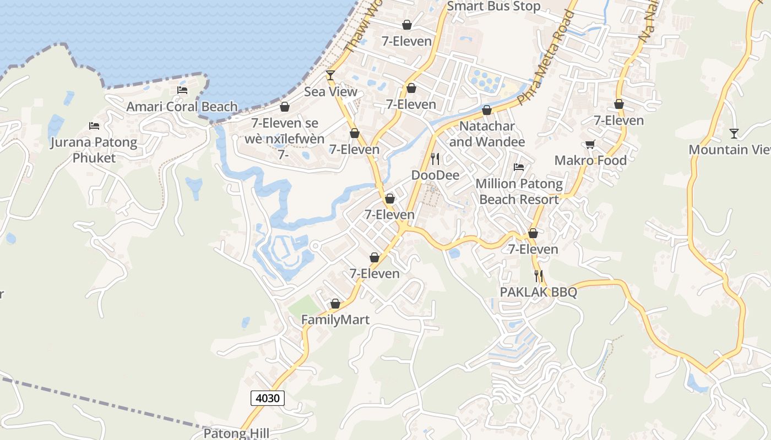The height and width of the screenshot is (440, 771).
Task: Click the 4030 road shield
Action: [x=268, y=398]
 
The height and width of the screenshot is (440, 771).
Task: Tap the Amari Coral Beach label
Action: [x=182, y=107]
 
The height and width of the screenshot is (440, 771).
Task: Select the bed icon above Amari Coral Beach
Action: [x=182, y=90]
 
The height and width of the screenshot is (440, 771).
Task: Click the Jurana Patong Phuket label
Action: [x=94, y=150]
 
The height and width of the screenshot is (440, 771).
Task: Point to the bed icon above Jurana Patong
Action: [x=94, y=126]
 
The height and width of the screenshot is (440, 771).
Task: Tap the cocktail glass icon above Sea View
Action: [x=330, y=75]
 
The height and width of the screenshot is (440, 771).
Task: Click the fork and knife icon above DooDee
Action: [x=435, y=159]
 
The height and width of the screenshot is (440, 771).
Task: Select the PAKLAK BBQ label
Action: [x=539, y=292]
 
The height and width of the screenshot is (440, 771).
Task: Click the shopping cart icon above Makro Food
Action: [x=590, y=144]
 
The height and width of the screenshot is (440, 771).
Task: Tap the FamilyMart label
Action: [x=335, y=320]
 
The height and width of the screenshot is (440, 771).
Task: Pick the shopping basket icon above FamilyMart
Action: [x=335, y=304]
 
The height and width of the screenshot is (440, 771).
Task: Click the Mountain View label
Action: [x=729, y=150]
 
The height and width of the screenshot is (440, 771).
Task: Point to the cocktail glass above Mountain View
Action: [x=734, y=133]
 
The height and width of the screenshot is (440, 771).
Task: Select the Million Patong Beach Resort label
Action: [x=519, y=191]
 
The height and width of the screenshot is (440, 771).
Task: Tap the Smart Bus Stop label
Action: [x=493, y=7]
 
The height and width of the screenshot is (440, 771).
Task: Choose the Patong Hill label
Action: [x=236, y=433]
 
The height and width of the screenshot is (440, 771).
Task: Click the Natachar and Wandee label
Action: [x=487, y=134]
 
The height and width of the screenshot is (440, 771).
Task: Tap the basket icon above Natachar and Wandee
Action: [x=487, y=110]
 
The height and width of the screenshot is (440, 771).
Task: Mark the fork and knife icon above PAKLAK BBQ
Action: [x=539, y=276]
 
